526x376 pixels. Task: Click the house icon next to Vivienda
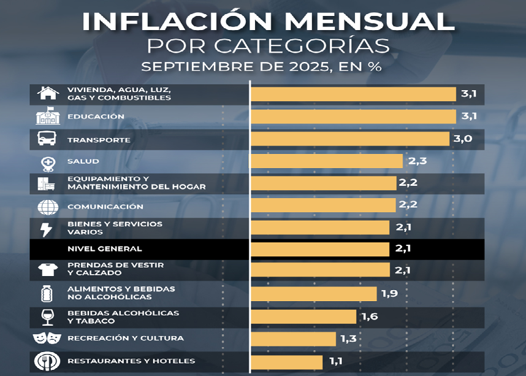47,93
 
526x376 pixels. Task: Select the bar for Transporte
350,139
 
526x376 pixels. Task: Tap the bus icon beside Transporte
47,140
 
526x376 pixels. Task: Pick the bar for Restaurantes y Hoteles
287,361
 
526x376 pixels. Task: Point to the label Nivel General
104,249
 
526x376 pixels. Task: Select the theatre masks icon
47,338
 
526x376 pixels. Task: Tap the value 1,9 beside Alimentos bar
389,294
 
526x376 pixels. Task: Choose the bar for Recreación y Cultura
294,339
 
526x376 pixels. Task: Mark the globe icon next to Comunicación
47,207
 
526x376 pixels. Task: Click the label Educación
96,117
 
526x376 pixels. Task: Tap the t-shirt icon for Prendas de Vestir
47,269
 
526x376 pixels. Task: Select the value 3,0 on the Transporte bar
462,139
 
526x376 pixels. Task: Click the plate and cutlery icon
47,361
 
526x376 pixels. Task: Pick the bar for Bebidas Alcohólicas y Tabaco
303,317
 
